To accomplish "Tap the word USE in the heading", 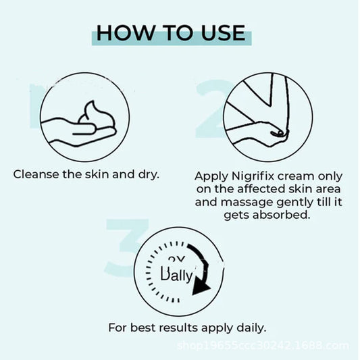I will [x=221, y=33].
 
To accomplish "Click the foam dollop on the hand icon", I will [x=95, y=116].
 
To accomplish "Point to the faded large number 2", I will [x=209, y=108].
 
